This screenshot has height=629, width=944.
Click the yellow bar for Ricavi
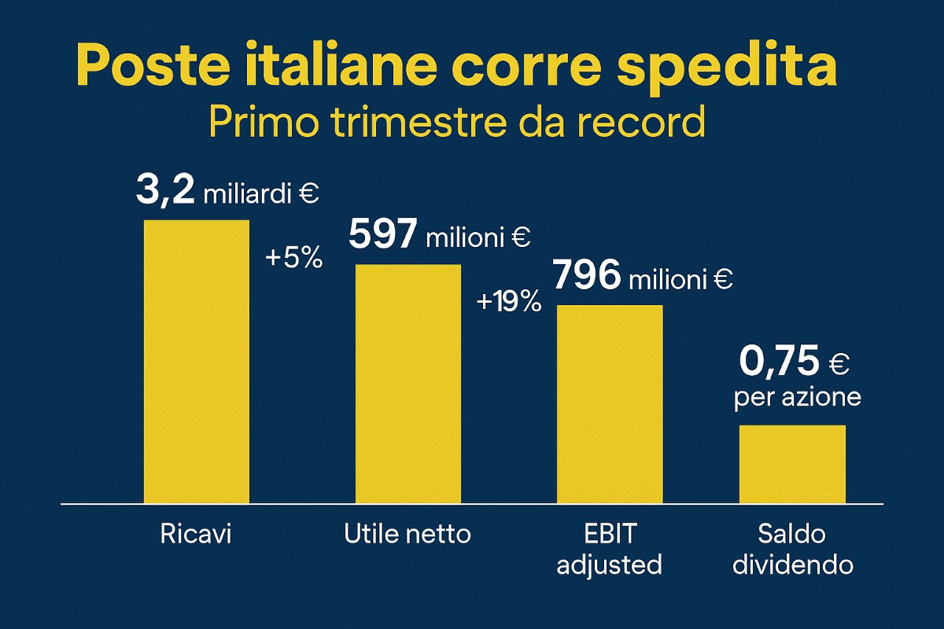coord(196,362)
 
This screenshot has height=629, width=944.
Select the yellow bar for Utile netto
coord(408,384)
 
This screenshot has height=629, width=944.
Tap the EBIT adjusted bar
coord(610,404)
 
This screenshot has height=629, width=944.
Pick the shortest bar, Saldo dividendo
coord(792,464)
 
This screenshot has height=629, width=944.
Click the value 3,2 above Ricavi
coord(164,190)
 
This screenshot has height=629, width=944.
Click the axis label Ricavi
coord(197,535)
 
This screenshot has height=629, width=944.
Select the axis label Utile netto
coord(407,535)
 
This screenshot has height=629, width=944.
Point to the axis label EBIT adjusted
coord(610,550)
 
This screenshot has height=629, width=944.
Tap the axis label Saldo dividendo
coord(792,550)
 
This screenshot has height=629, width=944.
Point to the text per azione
coord(797,398)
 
